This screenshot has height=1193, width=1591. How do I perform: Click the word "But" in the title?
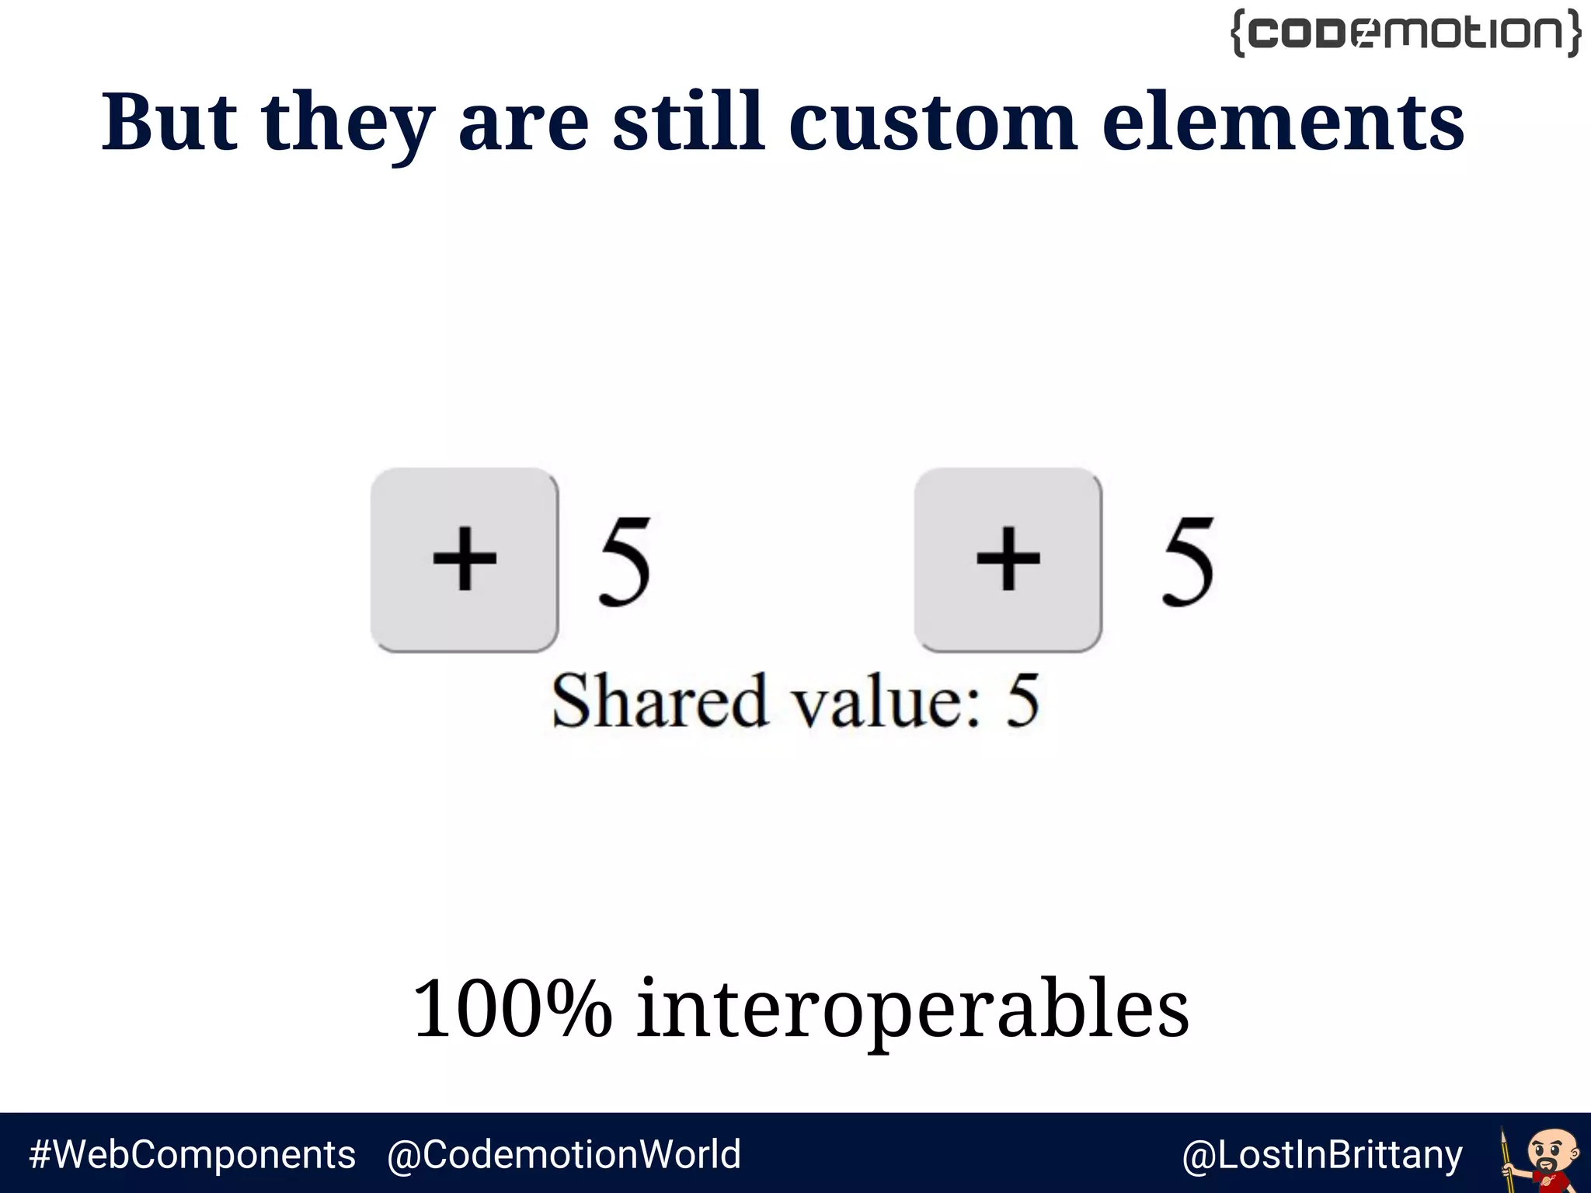(169, 122)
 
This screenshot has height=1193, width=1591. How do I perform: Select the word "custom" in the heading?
(932, 122)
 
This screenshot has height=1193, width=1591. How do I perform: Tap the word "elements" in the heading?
(1283, 122)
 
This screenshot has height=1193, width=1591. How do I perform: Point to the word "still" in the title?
(688, 122)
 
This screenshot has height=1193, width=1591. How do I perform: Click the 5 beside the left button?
(624, 561)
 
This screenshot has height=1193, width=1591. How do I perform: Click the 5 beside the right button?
(1187, 561)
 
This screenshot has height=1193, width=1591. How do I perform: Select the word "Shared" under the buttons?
(660, 701)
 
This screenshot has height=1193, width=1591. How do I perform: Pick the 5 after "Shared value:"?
(1022, 701)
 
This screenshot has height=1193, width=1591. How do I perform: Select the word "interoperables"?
(913, 1010)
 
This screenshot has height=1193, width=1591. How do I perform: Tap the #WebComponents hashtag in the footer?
(192, 1154)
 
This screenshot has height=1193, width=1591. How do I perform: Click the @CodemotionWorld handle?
(564, 1154)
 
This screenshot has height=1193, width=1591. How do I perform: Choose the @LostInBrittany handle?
(1321, 1155)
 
